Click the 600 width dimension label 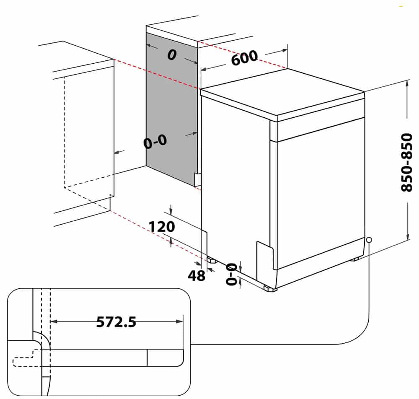click(x=245, y=57)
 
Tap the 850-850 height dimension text click(x=407, y=163)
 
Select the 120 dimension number click(x=162, y=227)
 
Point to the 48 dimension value click(x=197, y=275)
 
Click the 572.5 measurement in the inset click(x=116, y=322)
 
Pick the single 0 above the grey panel click(x=172, y=55)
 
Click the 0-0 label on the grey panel click(x=155, y=142)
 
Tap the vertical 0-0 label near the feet click(x=231, y=274)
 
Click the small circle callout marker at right click(x=369, y=240)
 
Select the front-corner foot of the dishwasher click(x=270, y=289)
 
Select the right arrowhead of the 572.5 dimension click(x=180, y=321)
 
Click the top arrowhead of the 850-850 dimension click(x=407, y=83)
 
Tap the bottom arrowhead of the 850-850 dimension click(x=408, y=236)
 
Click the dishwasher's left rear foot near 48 click(x=212, y=260)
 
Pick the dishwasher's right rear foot click(x=355, y=259)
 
